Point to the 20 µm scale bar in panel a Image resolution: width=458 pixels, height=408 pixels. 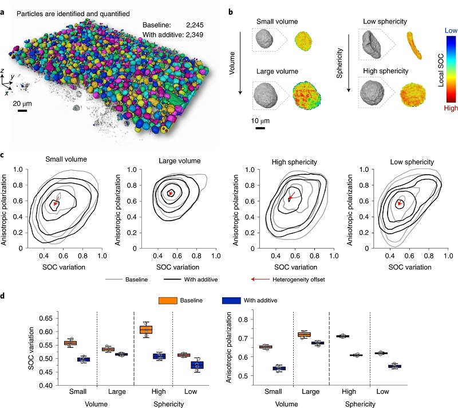click(23, 110)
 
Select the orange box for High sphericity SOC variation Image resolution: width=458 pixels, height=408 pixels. click(147, 329)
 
